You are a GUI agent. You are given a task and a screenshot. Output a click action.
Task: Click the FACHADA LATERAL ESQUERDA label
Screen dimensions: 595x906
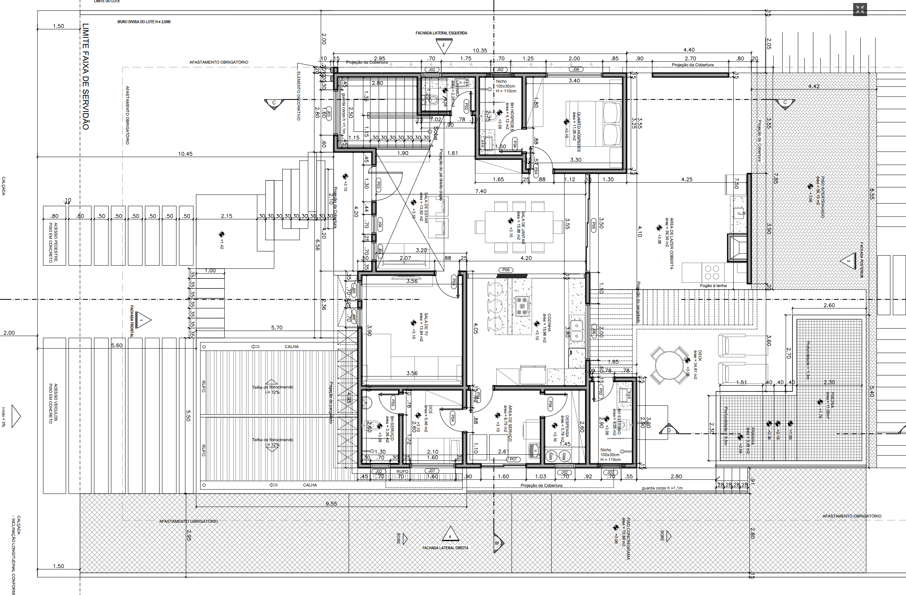click(x=441, y=33)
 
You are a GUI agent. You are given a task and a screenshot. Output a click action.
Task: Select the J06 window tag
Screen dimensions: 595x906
click(x=576, y=69)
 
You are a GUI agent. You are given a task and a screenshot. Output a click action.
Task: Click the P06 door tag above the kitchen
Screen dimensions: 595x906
click(x=506, y=270)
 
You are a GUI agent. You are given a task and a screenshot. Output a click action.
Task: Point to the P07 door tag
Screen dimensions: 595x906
click(x=513, y=459)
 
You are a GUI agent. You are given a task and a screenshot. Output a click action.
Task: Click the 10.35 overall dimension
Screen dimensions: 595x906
click(x=480, y=50)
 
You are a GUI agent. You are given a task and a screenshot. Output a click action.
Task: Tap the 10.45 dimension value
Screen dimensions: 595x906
click(x=185, y=154)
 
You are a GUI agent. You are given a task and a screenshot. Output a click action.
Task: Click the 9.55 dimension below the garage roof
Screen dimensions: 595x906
click(x=331, y=503)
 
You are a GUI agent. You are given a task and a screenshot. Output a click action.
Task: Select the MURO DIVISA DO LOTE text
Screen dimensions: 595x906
click(x=144, y=22)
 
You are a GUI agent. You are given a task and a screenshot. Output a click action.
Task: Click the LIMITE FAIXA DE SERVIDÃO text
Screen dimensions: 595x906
click(x=86, y=76)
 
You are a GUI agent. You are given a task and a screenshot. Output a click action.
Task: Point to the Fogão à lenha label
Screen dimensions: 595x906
click(x=713, y=285)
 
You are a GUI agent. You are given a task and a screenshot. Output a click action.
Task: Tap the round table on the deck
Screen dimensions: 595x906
click(x=669, y=364)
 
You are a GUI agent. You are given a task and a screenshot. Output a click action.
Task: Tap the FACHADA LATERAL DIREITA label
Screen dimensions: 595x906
click(x=445, y=548)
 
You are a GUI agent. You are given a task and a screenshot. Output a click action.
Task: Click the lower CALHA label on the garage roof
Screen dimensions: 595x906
click(x=309, y=485)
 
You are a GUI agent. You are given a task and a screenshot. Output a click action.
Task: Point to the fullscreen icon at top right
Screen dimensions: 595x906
click(x=860, y=9)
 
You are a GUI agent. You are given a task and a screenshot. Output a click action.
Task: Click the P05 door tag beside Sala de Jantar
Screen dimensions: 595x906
click(x=593, y=226)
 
